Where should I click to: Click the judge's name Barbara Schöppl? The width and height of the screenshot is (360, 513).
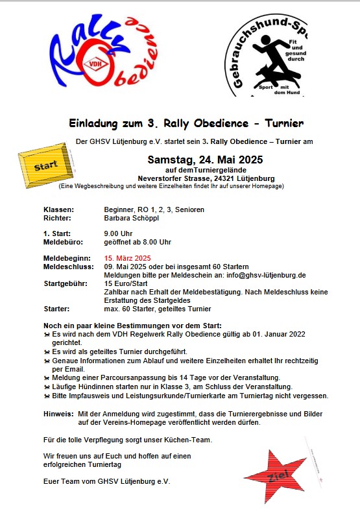click(x=132, y=219)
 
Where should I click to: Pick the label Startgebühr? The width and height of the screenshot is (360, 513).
click(x=66, y=283)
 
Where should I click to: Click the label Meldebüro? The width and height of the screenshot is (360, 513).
click(x=64, y=242)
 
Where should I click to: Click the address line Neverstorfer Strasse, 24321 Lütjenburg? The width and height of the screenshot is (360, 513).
click(x=206, y=178)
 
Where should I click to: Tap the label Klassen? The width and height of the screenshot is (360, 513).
click(x=58, y=209)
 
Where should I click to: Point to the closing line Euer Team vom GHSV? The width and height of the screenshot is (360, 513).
click(x=106, y=482)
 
